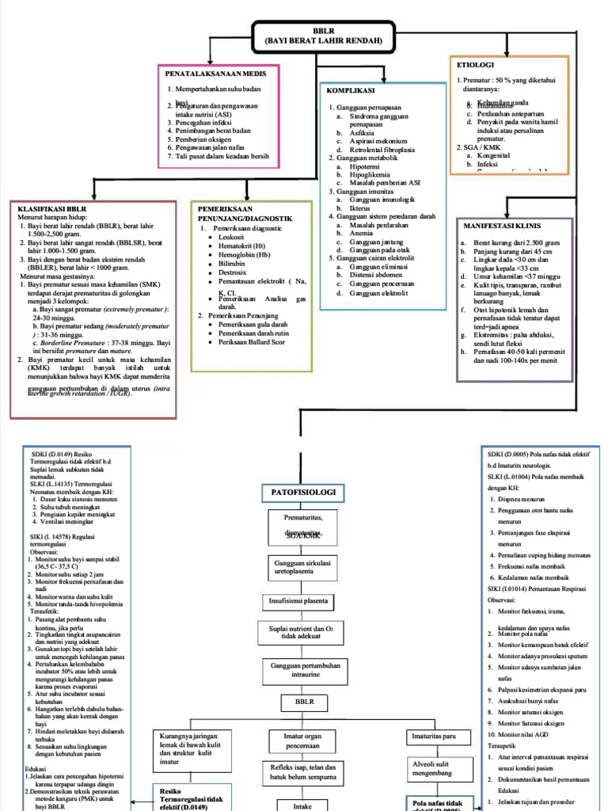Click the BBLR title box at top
(x=324, y=36)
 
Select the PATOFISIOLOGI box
(x=304, y=493)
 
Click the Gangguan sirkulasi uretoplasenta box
(x=304, y=566)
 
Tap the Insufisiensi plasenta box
(x=304, y=601)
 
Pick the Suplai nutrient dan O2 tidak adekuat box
(x=304, y=634)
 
